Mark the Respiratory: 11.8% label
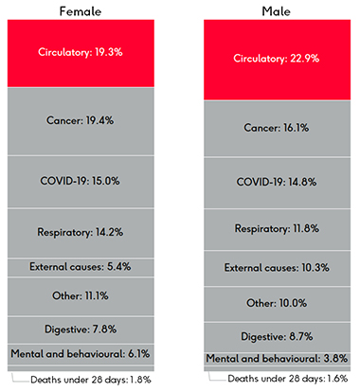pyautogui.click(x=281, y=227)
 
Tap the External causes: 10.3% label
pyautogui.click(x=281, y=268)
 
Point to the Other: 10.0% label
pyautogui.click(x=281, y=302)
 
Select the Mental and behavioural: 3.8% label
pyautogui.click(x=281, y=359)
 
